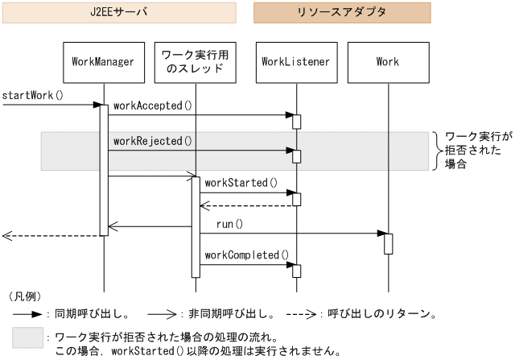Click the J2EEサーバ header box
click(x=118, y=13)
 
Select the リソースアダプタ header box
click(x=342, y=13)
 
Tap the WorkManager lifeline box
click(x=103, y=62)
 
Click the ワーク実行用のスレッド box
click(x=196, y=62)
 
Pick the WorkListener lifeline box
click(x=295, y=62)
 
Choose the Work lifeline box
click(x=387, y=62)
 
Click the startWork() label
click(x=32, y=95)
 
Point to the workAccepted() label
click(x=153, y=106)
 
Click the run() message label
click(x=229, y=224)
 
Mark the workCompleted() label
click(x=246, y=255)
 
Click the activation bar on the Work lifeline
click(x=388, y=243)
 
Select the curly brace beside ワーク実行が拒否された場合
click(x=437, y=151)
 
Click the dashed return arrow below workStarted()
click(x=245, y=205)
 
